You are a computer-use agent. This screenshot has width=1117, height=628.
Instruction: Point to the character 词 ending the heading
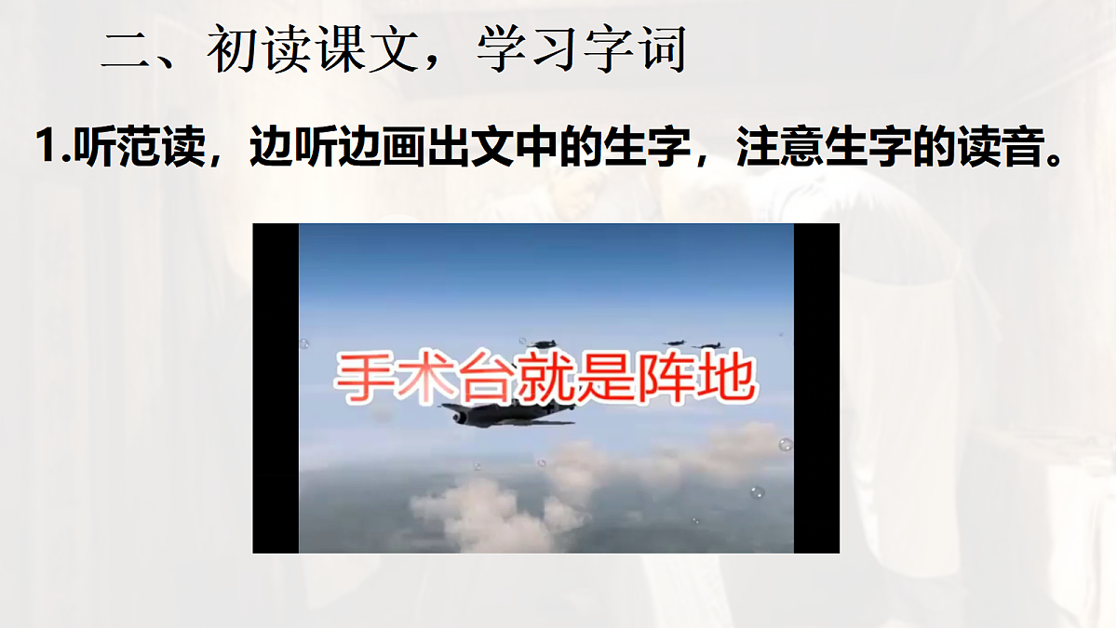pos(662,50)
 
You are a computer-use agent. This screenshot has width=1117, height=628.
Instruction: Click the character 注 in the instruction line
pos(757,148)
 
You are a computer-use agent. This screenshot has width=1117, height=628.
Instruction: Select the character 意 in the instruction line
pos(802,148)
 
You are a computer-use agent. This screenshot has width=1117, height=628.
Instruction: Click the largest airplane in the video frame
pos(503,414)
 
